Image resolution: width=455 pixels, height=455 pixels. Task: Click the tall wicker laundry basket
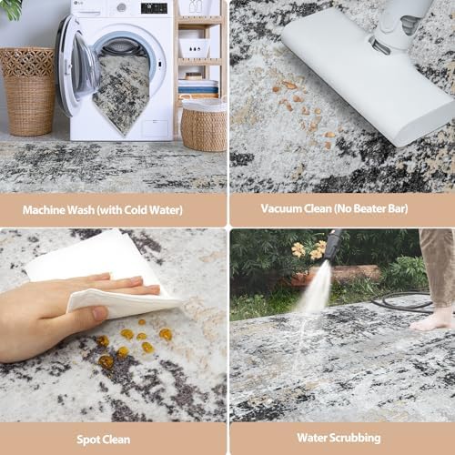[29, 91]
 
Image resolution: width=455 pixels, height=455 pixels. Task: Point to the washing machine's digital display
[154, 8]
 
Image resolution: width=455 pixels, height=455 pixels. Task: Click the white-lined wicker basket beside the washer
[203, 125]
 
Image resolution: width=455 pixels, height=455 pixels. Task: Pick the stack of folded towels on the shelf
[198, 86]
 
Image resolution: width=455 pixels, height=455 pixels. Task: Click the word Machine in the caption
[44, 210]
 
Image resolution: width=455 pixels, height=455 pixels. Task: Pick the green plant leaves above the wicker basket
[11, 10]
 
